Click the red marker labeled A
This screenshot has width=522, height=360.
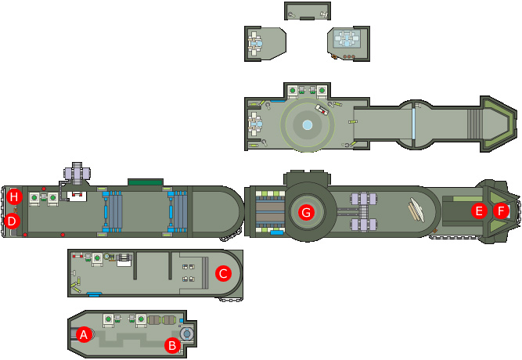(x=84, y=334)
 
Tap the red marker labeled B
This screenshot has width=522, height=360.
(x=172, y=345)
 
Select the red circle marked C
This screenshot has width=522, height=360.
(x=223, y=273)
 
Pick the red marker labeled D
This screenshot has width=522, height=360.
(x=12, y=221)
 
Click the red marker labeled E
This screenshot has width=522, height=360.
(x=479, y=211)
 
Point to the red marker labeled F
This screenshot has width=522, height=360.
(x=501, y=211)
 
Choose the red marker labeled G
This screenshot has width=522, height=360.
(x=306, y=212)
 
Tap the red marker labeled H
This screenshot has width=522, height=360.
(x=14, y=196)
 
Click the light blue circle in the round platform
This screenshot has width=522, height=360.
(x=308, y=125)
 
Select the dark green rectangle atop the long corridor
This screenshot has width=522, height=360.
(x=146, y=182)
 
